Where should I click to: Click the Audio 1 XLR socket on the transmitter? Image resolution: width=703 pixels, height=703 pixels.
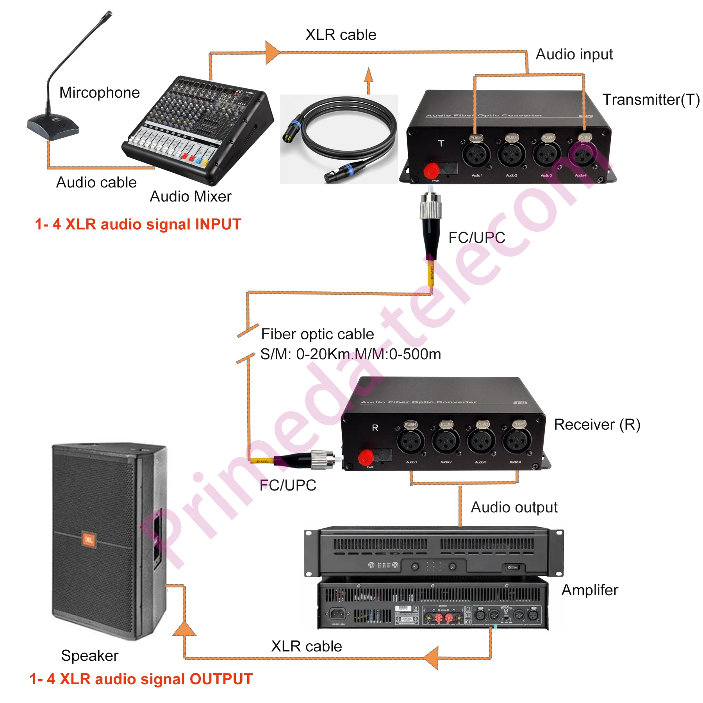click(x=476, y=155)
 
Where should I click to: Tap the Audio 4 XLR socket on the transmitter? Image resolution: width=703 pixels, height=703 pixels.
click(x=582, y=155)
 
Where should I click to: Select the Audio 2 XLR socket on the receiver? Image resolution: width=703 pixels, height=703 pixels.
click(x=446, y=441)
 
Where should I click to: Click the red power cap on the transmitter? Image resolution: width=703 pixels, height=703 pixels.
click(x=431, y=170)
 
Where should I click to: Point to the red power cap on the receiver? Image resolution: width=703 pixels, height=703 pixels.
click(x=366, y=457)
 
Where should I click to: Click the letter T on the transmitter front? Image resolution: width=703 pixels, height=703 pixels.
click(x=441, y=143)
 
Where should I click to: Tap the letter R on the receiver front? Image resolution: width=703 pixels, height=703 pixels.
click(x=375, y=428)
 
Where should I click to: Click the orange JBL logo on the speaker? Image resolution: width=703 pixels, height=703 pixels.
click(x=88, y=540)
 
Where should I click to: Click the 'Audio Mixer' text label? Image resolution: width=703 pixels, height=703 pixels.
click(x=191, y=196)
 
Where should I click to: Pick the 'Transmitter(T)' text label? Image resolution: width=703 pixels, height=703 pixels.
click(x=651, y=100)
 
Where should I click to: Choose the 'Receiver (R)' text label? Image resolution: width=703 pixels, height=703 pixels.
click(x=597, y=425)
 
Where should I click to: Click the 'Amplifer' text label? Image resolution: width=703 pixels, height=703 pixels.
click(x=589, y=590)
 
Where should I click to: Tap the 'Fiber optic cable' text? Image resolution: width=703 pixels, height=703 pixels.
click(x=317, y=334)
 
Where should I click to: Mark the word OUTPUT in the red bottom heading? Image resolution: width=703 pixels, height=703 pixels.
click(x=221, y=679)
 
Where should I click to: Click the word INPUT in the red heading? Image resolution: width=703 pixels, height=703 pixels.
click(x=218, y=225)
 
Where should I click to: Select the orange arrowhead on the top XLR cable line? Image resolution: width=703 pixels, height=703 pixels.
click(x=272, y=52)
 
